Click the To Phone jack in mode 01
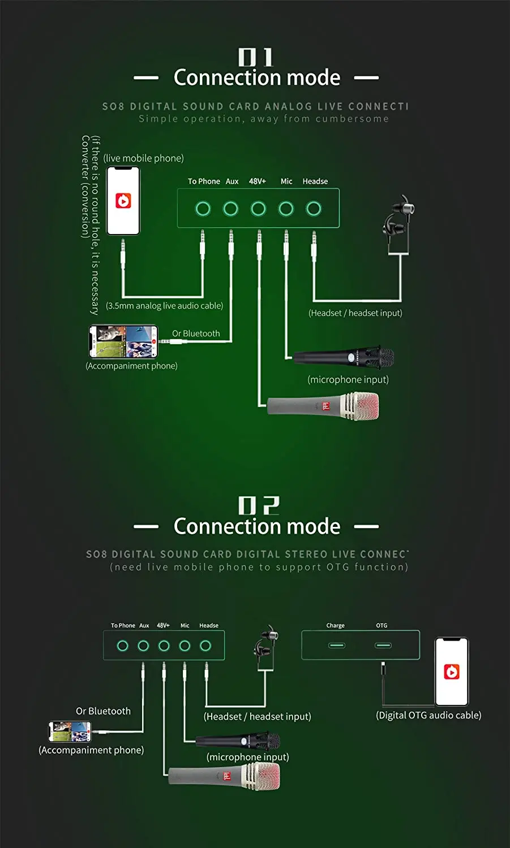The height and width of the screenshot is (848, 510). coord(203,209)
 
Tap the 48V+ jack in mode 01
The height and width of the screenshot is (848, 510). coord(258,209)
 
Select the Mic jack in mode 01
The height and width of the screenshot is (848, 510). coord(286,209)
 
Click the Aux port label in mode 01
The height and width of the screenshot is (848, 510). coord(232,181)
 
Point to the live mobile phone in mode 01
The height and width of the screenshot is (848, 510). coord(123,201)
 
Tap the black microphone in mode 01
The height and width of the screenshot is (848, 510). coord(345,357)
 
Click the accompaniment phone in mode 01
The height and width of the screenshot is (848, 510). coord(123,341)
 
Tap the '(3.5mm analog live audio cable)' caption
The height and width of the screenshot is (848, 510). coord(164,306)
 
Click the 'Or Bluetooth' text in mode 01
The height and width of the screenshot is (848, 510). coord(196,334)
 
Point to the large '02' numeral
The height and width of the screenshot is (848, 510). coord(258,505)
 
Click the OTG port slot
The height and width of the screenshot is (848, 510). coord(383,645)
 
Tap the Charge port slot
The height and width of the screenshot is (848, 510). coord(336,645)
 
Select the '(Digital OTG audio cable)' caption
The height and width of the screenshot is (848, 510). coord(428,715)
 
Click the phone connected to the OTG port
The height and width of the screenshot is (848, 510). coord(451,672)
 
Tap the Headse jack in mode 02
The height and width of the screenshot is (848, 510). coord(205,646)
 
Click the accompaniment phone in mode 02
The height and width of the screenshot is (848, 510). coord(70,732)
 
